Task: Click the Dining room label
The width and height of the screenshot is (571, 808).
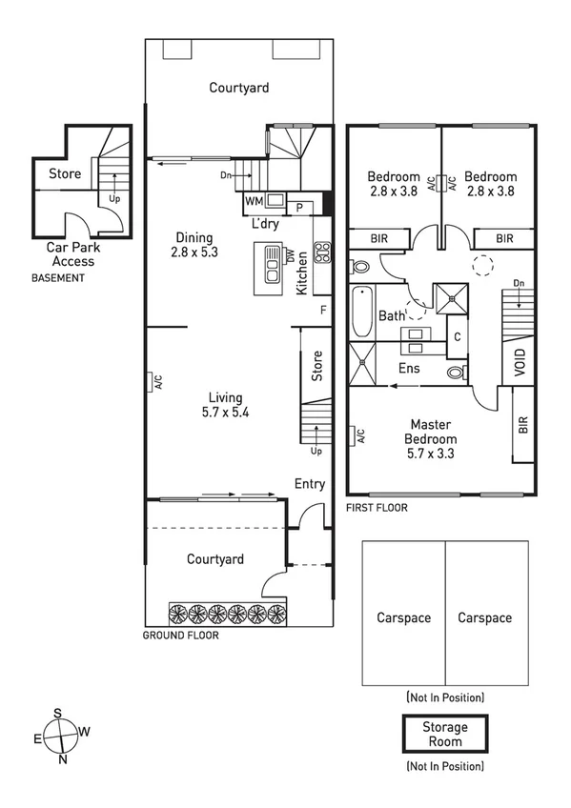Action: (194, 238)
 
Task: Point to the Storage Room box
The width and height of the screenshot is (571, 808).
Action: (445, 734)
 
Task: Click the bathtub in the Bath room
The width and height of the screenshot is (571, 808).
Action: (361, 313)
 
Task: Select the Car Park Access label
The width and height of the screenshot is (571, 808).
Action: (73, 254)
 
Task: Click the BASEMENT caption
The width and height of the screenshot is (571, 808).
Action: (58, 278)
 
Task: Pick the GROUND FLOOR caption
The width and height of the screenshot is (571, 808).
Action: (180, 635)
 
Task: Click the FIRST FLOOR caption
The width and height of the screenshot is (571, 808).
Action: (377, 508)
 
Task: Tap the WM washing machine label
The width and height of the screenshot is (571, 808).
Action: (254, 201)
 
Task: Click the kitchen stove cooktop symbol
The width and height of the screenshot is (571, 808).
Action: (322, 252)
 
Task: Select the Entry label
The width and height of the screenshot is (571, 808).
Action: (310, 484)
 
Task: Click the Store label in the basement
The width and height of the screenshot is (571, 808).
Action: (65, 174)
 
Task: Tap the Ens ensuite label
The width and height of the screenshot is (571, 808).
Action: (409, 367)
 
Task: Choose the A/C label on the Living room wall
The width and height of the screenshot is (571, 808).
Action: (158, 382)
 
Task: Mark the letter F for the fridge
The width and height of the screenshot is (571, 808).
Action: (323, 310)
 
